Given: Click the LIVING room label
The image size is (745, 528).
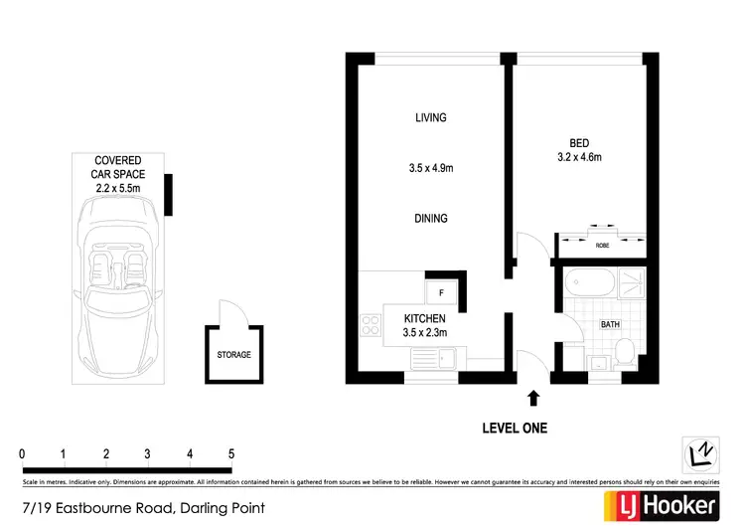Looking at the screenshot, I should [x=431, y=117].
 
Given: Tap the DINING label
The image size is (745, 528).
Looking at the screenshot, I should [x=431, y=218].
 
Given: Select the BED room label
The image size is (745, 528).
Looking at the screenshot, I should [x=580, y=141].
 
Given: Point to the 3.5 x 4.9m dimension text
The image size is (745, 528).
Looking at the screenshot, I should [x=431, y=168].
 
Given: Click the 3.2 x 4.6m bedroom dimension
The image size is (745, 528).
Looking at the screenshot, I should [x=580, y=157].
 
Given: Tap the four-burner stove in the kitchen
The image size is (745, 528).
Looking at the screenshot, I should [x=372, y=324].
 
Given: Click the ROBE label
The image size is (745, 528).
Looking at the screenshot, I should [x=602, y=244].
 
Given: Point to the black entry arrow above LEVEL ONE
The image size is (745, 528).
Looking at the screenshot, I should [x=533, y=398].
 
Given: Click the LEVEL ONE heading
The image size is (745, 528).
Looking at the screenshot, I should [x=514, y=429].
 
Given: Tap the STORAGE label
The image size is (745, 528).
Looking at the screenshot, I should [x=234, y=354].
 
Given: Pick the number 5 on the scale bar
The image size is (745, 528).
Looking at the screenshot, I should [x=231, y=454].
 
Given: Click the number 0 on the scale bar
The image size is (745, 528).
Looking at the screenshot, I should [x=22, y=454].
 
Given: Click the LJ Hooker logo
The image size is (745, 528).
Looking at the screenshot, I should [x=662, y=505].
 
